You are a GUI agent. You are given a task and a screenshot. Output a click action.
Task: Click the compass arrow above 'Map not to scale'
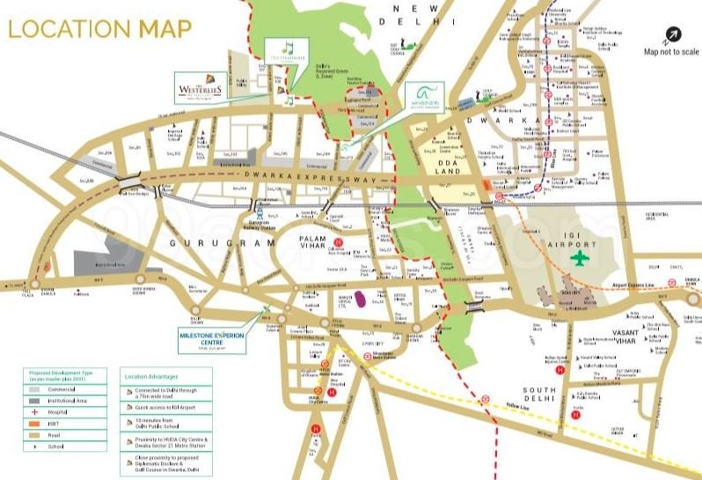[x=671, y=35]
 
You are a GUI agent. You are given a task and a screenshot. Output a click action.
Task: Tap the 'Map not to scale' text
[x=671, y=52]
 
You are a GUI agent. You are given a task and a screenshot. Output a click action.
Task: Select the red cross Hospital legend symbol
[x=34, y=411]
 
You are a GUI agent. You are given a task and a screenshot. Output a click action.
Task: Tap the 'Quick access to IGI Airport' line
[x=177, y=407]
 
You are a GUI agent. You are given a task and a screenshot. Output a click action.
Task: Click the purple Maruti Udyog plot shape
[x=359, y=300]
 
